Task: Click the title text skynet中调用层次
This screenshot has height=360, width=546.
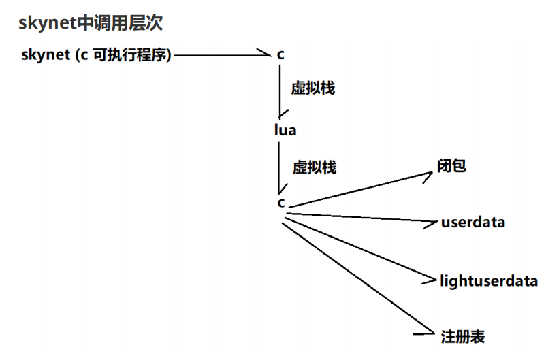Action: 91,24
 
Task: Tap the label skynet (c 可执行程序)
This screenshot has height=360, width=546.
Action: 96,55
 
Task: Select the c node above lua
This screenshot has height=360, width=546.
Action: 280,55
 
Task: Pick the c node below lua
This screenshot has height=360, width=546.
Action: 280,202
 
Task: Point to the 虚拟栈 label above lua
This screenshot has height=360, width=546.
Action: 313,88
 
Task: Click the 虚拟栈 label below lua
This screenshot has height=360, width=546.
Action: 314,167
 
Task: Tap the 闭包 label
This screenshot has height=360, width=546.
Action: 451,166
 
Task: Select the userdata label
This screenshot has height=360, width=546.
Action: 473,223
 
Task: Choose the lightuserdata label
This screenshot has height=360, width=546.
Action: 489,280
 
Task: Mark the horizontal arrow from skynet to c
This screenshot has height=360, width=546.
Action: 218,55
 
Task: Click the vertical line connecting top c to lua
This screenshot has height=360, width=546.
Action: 280,92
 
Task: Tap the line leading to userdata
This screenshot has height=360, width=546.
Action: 361,218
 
